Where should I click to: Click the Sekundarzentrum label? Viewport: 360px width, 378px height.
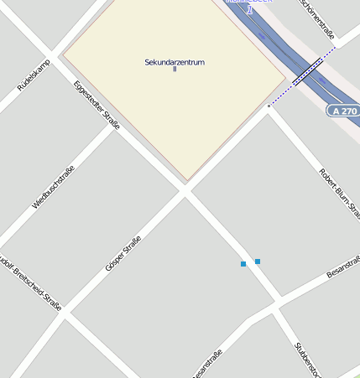175,62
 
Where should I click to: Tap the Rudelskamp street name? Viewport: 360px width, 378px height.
34,75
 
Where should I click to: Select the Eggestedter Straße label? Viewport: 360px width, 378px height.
97,105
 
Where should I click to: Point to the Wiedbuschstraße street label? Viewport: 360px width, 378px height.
53,186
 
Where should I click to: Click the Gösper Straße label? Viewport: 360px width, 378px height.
123,253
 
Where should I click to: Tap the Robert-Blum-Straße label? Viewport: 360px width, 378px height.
339,192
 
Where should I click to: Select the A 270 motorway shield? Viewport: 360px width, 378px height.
344,111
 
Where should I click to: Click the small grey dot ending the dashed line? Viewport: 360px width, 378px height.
269,106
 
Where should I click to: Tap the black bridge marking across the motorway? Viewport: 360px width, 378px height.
307,71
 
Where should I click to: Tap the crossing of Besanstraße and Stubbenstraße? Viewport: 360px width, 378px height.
278,301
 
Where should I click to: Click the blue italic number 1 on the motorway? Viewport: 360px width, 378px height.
249,8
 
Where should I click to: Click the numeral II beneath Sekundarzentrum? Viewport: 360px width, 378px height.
175,69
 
